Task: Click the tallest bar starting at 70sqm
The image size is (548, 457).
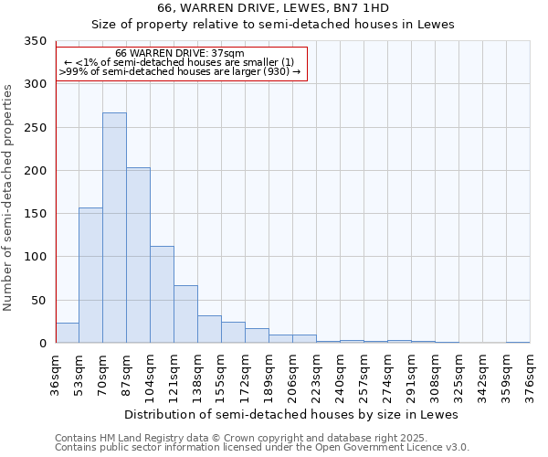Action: click(114, 228)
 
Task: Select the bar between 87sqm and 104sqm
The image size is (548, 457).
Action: click(138, 255)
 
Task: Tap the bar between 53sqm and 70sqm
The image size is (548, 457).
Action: click(90, 275)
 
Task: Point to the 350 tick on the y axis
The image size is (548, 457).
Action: click(35, 42)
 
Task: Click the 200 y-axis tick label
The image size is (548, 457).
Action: click(35, 171)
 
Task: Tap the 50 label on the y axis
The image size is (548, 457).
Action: click(38, 301)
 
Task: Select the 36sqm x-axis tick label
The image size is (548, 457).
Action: click(56, 372)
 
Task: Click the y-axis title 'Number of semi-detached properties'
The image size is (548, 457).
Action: click(9, 197)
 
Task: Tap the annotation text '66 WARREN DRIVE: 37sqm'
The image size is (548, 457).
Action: click(180, 54)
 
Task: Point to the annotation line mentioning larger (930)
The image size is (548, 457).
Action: click(180, 71)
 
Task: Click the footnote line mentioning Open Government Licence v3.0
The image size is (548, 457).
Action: click(262, 448)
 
